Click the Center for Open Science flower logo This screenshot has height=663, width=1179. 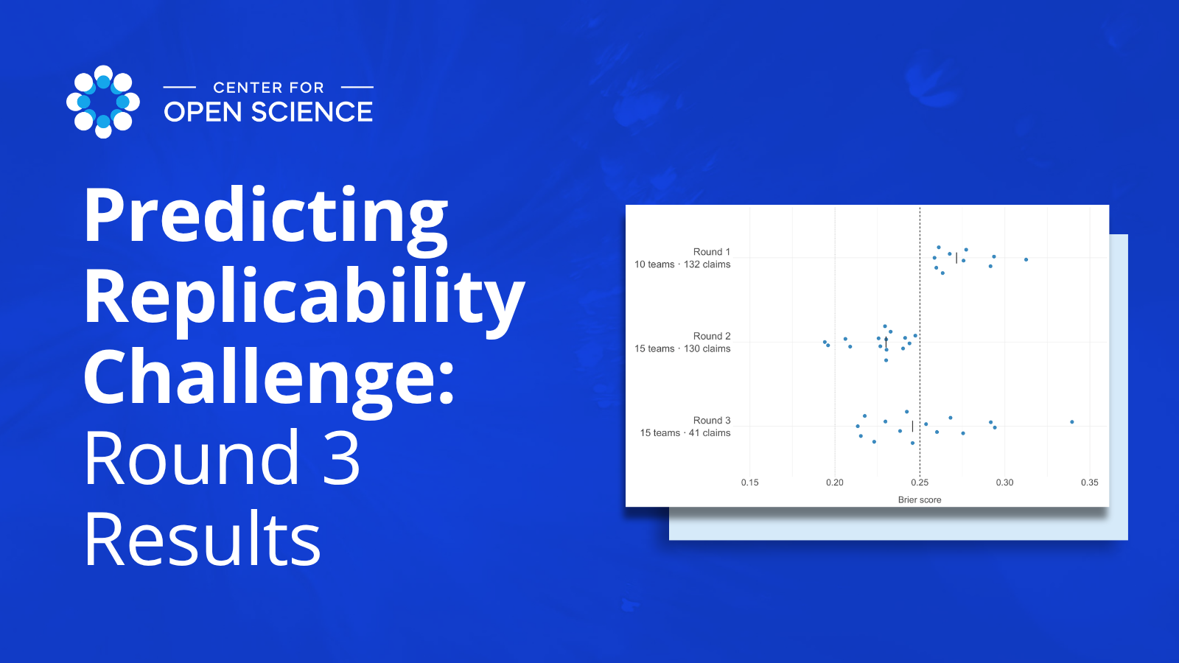pos(103,102)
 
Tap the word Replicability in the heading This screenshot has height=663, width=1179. pos(304,299)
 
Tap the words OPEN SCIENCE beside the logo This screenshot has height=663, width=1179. pos(268,112)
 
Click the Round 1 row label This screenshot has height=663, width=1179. pos(712,252)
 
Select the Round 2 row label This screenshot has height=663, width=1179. pos(712,336)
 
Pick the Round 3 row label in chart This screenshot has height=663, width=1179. pos(712,421)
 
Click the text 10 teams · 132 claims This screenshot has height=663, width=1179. pos(682,264)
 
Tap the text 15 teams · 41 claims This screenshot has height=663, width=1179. pos(685,433)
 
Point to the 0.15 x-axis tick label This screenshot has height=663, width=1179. pos(750,483)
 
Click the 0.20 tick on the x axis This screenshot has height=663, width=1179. pos(835,483)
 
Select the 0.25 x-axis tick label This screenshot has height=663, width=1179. pos(920,483)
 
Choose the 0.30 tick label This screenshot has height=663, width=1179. pos(1005,483)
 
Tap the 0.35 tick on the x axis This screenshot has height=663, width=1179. pos(1090,483)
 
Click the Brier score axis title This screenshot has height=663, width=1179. pos(920,500)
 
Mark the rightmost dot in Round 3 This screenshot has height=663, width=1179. pos(1072,422)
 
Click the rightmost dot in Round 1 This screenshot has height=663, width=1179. pos(1026,259)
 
